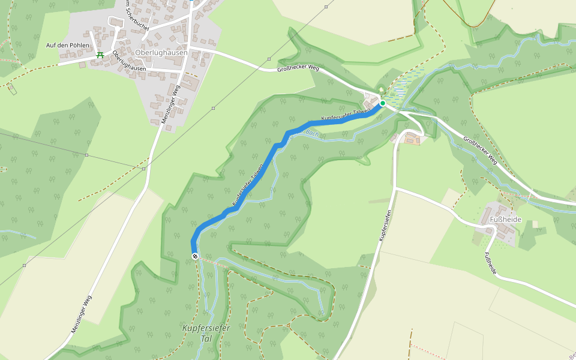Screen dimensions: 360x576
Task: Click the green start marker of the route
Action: (x=382, y=103)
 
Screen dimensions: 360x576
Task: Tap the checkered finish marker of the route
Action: (x=195, y=256)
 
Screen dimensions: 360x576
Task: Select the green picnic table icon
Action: (x=100, y=55)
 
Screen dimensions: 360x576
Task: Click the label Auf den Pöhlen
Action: (x=68, y=46)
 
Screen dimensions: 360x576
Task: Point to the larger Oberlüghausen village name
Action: (x=162, y=52)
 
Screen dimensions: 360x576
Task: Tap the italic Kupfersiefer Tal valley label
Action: (x=206, y=334)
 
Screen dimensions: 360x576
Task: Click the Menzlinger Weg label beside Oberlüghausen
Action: (x=170, y=104)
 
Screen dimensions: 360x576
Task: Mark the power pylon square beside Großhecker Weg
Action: (x=269, y=59)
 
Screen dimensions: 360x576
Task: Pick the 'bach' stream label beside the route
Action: (x=310, y=132)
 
